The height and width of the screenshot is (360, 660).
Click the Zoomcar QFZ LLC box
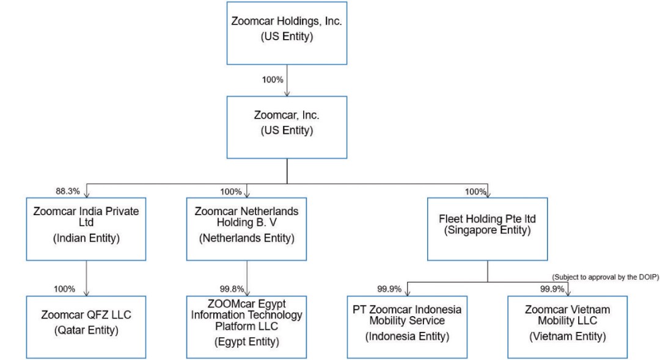coord(86,326)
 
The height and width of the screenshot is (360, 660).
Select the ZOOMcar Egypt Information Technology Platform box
coord(246,326)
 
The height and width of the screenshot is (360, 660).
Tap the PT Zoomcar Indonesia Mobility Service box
coord(406,326)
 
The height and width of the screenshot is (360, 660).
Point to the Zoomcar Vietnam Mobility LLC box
coord(567,326)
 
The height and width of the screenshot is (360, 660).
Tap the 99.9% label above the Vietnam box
coord(552,288)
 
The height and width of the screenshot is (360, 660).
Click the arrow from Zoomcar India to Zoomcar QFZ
coord(86,278)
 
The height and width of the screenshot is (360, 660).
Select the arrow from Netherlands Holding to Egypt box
coord(246,278)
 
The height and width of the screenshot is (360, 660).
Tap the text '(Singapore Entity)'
coord(487,231)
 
